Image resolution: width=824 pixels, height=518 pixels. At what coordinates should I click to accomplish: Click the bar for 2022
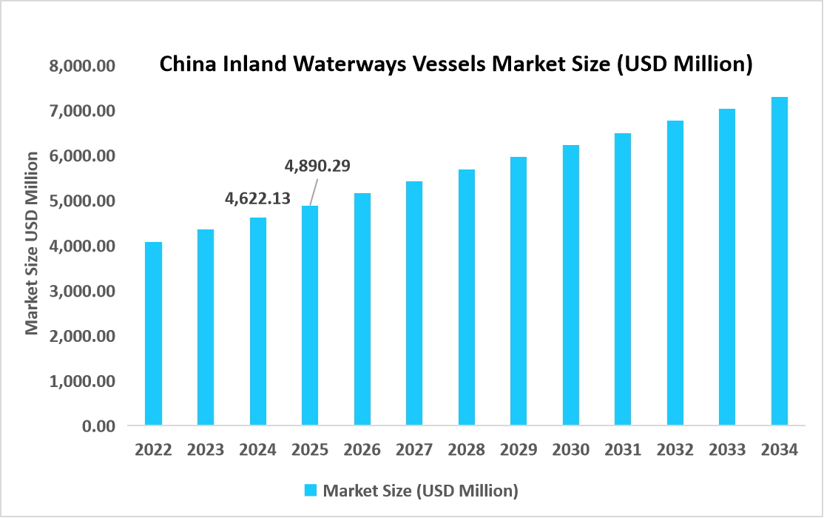[153, 334]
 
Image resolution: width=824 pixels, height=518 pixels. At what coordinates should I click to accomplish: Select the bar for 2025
[310, 316]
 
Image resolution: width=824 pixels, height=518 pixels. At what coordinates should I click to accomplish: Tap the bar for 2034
[779, 261]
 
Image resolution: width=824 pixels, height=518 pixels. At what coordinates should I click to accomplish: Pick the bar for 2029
[519, 292]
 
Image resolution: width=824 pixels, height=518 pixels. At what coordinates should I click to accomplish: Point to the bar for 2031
[623, 280]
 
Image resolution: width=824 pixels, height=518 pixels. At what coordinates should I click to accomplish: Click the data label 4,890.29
[317, 165]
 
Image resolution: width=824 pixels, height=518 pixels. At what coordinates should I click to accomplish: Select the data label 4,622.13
[257, 198]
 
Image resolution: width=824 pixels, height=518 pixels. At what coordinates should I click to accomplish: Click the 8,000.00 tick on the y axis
[83, 66]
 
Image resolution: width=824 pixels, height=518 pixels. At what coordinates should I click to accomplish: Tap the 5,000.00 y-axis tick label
[83, 201]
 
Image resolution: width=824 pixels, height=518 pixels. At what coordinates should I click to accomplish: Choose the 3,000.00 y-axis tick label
[83, 292]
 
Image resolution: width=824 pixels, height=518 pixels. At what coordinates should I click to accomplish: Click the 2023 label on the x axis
[206, 450]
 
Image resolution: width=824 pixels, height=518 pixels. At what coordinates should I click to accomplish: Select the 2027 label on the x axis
[414, 450]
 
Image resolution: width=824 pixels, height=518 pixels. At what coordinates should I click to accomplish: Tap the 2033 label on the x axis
[727, 450]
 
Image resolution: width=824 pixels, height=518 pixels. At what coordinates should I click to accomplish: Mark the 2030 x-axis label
[570, 450]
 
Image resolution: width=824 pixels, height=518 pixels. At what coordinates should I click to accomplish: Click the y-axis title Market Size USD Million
[32, 243]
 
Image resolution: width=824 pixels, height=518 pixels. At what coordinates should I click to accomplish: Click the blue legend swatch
[311, 490]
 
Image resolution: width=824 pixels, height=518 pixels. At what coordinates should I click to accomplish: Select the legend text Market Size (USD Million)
[421, 490]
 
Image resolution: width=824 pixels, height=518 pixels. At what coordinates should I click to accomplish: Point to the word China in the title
[188, 65]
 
